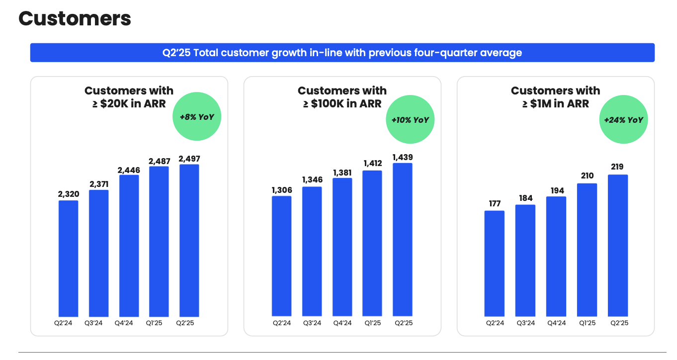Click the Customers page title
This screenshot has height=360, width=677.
(x=75, y=19)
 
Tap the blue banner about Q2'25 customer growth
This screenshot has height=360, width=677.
(x=342, y=53)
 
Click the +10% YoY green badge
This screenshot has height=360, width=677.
(x=410, y=120)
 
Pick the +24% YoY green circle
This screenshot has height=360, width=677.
(x=623, y=120)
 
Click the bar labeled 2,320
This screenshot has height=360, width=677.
(x=68, y=259)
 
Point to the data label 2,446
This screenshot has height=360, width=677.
(x=129, y=170)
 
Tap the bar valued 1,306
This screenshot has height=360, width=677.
(x=281, y=256)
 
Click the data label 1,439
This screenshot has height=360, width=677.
(x=402, y=158)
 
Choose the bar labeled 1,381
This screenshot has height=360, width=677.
(x=342, y=247)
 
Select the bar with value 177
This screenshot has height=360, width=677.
(x=494, y=264)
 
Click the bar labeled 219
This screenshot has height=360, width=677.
(x=617, y=246)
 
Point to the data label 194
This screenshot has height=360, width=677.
(x=556, y=191)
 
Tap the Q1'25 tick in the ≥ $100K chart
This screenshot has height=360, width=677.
(x=372, y=323)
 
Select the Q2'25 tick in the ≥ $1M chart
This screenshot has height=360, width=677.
(x=618, y=323)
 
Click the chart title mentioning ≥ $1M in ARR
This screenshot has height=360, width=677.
(x=555, y=97)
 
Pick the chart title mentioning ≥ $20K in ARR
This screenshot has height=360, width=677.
(x=129, y=97)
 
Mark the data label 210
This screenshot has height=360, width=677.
(x=587, y=176)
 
